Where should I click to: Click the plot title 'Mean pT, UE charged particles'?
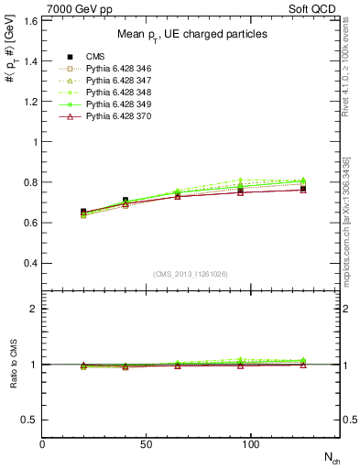(x=192, y=34)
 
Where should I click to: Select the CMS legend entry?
(x=98, y=57)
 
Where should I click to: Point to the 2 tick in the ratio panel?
(x=34, y=309)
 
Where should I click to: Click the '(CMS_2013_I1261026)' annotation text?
(x=191, y=274)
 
